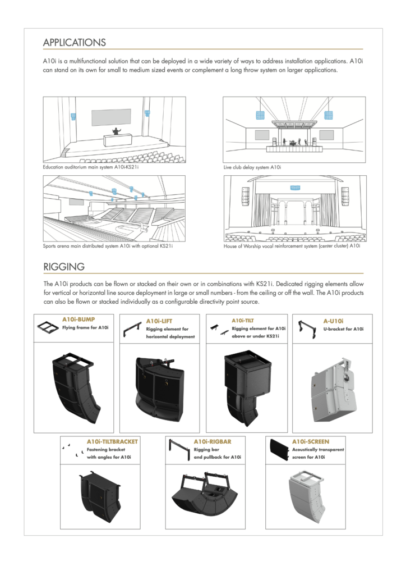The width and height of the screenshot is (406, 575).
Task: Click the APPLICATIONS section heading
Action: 74,43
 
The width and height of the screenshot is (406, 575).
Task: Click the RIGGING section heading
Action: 64,266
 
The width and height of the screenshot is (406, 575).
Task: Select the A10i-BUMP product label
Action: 78,320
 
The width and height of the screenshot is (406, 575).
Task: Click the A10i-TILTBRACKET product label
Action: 112,441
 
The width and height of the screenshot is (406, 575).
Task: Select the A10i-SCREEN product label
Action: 311,441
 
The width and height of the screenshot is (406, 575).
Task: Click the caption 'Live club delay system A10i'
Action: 252,167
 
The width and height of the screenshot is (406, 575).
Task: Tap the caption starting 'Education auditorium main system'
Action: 90,167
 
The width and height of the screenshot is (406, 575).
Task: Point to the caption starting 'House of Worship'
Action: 291,246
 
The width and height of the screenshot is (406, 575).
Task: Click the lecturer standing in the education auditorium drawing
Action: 117,131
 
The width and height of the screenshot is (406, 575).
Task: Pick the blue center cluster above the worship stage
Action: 294,188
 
